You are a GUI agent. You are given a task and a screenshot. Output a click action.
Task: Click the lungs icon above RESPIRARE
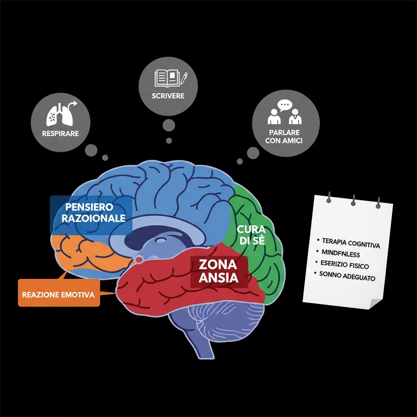[x=59, y=115]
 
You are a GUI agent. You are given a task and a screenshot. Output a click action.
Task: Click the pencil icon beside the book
[x=184, y=79]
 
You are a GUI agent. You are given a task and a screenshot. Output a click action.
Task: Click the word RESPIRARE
[x=60, y=133]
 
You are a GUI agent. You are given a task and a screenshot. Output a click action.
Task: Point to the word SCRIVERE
[x=168, y=96]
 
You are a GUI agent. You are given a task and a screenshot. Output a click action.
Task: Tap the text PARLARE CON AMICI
[x=284, y=137]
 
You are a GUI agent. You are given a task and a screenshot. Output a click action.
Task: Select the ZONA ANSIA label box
[x=219, y=271]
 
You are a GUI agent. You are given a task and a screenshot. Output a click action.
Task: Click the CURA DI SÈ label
[x=251, y=235]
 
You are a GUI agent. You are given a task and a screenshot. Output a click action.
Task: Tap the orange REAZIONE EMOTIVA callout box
[x=59, y=292]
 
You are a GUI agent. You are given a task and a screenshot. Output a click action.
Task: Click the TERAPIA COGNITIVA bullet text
[x=351, y=243]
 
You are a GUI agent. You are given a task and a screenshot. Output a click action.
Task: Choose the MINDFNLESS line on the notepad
[x=341, y=253]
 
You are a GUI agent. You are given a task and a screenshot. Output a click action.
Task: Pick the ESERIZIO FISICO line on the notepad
[x=345, y=265]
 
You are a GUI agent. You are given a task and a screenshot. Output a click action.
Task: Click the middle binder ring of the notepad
[x=353, y=200]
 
